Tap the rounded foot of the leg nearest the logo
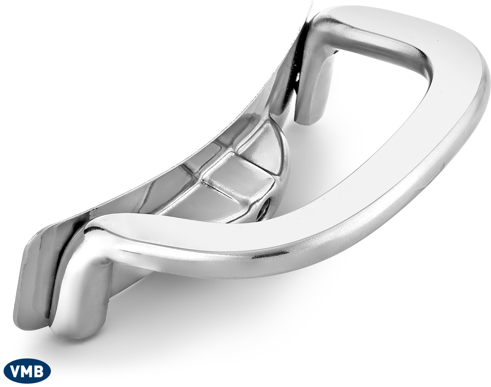pyautogui.click(x=75, y=328)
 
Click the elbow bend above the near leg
pyautogui.click(x=96, y=235)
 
